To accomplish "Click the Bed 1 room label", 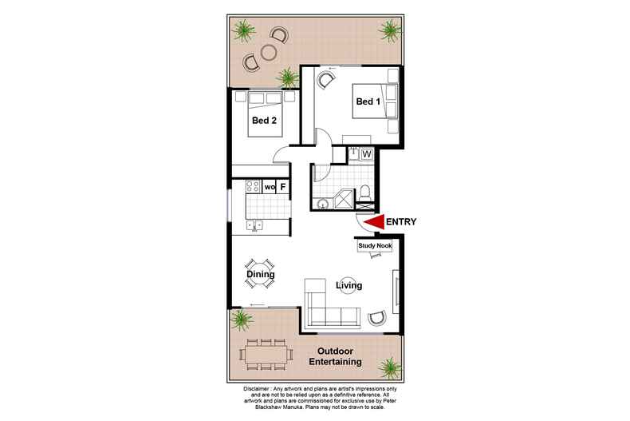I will [x=368, y=102].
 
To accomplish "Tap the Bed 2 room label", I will [x=264, y=121].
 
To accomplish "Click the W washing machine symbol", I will [x=368, y=153].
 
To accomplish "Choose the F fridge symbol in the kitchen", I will [x=282, y=187].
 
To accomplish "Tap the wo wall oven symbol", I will [x=270, y=187].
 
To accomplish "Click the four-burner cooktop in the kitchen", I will [x=253, y=187].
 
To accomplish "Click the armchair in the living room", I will [x=377, y=318].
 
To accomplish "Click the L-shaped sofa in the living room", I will [x=327, y=309].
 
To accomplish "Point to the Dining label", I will [x=260, y=275].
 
